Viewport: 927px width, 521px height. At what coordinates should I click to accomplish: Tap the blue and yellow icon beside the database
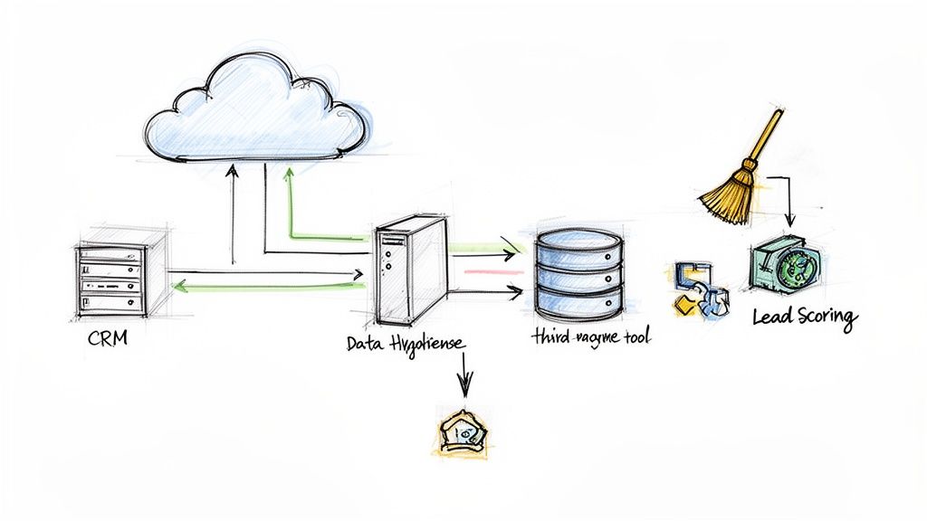701,289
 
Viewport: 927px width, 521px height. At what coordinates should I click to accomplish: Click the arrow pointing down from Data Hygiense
464,375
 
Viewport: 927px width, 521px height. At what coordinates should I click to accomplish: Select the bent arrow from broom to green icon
786,194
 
